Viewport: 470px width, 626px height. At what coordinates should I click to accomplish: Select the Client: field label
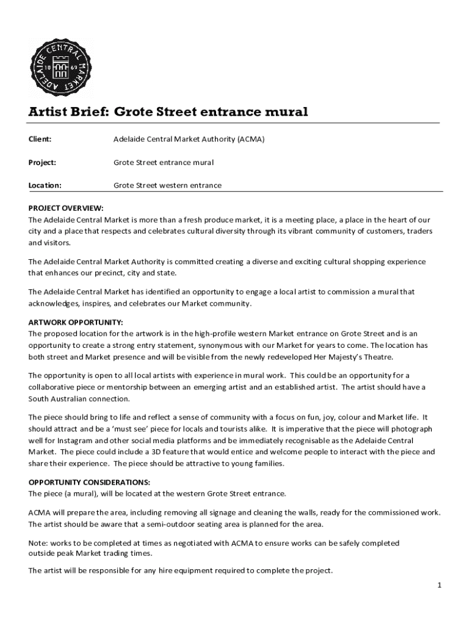coord(40,139)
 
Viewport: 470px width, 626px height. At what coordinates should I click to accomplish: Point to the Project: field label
coord(42,163)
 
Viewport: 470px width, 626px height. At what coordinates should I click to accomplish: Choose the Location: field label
coord(45,185)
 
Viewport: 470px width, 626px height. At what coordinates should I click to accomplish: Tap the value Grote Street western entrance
coord(167,185)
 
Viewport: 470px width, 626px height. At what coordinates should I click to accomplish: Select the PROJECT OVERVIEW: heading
coord(66,208)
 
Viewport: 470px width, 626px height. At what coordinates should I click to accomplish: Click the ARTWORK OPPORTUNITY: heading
coord(76,322)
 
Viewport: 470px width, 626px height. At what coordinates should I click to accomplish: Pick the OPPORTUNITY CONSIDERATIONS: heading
coord(89,482)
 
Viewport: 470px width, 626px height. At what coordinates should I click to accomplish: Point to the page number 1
coord(439,586)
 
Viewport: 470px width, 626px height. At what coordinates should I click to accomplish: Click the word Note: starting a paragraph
coord(38,543)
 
